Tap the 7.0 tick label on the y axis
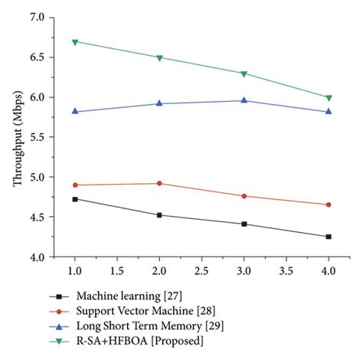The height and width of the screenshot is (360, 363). (x=35, y=17)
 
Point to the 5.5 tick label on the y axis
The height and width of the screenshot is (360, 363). (x=35, y=137)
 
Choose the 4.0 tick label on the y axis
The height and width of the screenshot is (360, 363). (x=35, y=257)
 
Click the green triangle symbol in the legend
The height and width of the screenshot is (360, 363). (x=56, y=341)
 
